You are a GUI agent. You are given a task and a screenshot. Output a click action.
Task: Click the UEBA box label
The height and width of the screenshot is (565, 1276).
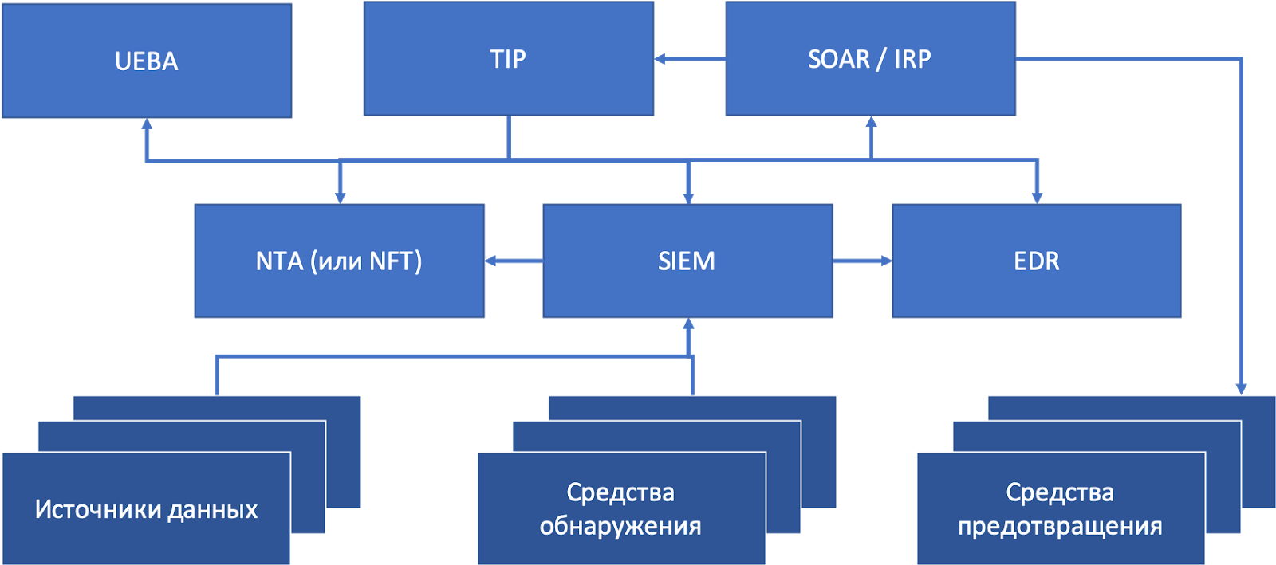[x=147, y=61]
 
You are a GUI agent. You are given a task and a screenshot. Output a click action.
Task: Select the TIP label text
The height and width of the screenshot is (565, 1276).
[x=508, y=59]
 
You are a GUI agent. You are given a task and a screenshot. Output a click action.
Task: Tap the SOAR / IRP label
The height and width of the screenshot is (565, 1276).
[x=869, y=59]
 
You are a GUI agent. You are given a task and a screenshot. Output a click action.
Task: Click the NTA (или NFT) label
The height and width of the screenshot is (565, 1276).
[x=339, y=261]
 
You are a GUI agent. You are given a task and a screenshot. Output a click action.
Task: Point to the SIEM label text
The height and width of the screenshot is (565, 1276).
[x=687, y=261]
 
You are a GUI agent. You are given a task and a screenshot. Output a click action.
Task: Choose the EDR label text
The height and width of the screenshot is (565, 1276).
[x=1037, y=261]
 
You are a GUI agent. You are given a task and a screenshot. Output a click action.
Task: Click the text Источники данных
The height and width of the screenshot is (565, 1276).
[x=146, y=510]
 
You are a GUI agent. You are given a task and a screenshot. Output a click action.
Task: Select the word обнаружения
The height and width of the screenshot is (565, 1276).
[x=620, y=526]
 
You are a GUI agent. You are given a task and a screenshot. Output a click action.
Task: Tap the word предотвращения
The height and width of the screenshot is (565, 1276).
[x=1060, y=526]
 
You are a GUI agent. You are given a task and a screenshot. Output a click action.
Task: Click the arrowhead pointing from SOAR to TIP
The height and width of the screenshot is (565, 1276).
[x=660, y=59]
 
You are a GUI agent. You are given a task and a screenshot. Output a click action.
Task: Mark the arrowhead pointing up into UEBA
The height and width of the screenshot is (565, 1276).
[x=147, y=124]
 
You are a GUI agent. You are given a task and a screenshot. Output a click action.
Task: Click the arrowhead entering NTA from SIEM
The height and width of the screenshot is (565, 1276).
[x=490, y=261]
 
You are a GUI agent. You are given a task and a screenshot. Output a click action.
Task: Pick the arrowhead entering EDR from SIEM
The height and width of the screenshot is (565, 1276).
[x=886, y=261]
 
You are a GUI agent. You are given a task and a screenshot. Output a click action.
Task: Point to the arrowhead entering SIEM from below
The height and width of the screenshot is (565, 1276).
[x=689, y=324]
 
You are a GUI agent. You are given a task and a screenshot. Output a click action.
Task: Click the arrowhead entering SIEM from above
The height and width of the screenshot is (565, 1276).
[x=689, y=198]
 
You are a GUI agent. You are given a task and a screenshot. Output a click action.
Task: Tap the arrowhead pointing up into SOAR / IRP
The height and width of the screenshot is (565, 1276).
[x=871, y=122]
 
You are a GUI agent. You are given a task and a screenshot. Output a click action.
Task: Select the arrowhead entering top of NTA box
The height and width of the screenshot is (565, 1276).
[x=340, y=198]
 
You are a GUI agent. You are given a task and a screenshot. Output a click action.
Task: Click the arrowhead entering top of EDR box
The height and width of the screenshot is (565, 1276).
[x=1037, y=198]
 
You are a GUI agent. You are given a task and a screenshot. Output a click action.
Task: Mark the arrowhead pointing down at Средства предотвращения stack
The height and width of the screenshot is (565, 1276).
[x=1241, y=389]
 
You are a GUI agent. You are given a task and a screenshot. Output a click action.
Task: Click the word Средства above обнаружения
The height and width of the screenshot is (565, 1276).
[x=620, y=492]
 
